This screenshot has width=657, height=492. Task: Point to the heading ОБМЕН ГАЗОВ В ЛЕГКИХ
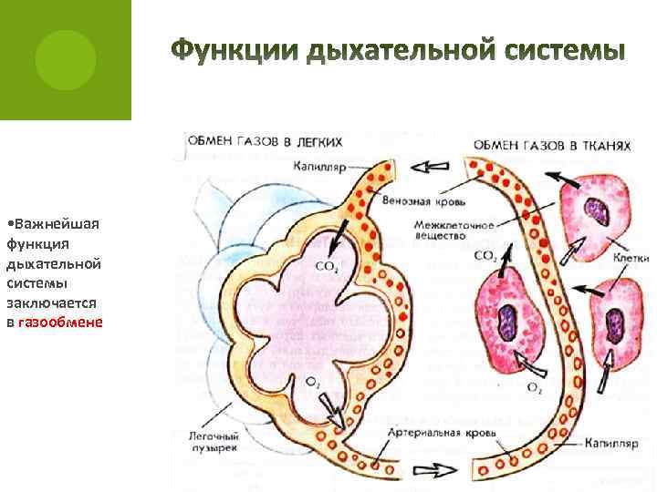click(266, 142)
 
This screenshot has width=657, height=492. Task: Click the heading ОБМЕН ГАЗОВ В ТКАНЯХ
click(553, 145)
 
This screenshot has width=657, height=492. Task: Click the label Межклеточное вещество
click(441, 229)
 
